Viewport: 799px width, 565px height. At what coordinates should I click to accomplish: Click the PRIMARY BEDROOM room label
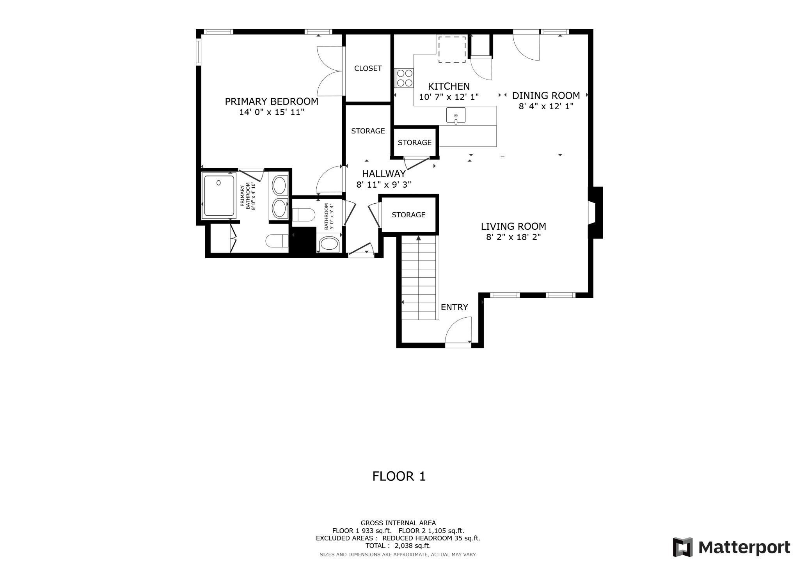tap(272, 101)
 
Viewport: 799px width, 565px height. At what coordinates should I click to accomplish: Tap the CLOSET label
tap(368, 68)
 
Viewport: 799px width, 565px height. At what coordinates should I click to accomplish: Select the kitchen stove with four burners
tap(405, 78)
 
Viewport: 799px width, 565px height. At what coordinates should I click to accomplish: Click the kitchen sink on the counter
tap(456, 115)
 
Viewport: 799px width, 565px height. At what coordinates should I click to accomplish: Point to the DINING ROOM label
tap(546, 96)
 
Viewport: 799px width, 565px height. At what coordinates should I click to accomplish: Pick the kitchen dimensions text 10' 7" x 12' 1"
tap(449, 97)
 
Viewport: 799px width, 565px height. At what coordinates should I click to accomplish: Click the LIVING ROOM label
tap(513, 226)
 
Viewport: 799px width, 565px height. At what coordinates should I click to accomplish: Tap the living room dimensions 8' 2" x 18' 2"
tap(513, 237)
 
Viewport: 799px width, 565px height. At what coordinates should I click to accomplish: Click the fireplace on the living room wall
tap(596, 213)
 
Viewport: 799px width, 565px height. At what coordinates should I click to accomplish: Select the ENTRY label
tap(455, 307)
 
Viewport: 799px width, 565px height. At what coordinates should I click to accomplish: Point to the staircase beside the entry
tap(419, 277)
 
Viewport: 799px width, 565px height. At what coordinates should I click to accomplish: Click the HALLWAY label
tap(384, 174)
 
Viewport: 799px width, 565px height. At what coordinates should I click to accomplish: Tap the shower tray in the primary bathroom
tap(219, 195)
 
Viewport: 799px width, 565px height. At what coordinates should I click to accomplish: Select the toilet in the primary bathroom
tap(277, 241)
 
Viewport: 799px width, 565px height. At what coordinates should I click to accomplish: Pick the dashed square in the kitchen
tap(452, 49)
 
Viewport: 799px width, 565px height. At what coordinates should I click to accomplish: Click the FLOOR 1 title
tap(399, 476)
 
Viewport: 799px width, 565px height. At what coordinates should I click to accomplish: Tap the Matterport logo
tap(732, 547)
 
